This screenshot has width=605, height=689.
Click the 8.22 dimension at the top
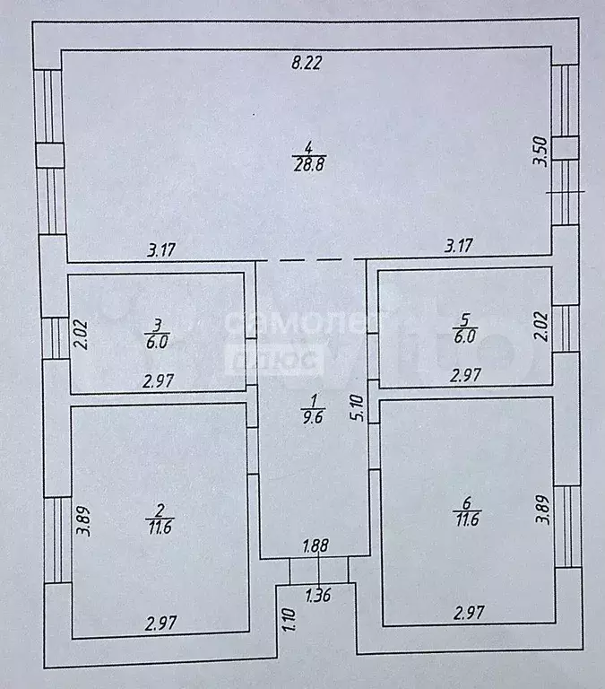pos(306,63)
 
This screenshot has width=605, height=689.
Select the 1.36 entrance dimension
pos(318,594)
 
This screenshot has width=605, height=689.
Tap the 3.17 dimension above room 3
pos(161,251)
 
